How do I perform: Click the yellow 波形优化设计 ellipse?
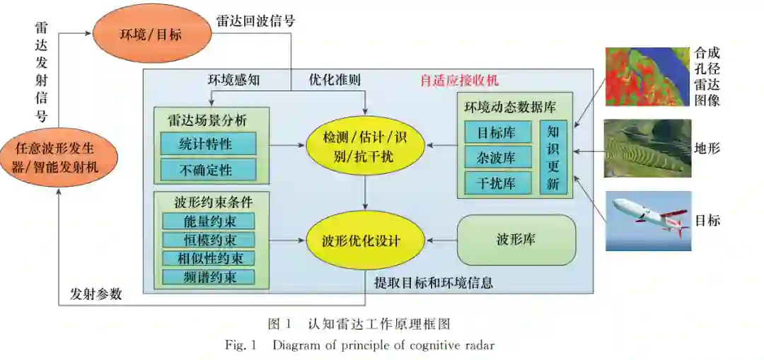click(364, 240)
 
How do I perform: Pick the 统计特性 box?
click(207, 144)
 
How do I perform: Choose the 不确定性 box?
click(207, 169)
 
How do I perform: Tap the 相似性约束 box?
click(207, 258)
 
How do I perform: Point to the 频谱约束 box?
click(207, 277)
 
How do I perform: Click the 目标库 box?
click(498, 132)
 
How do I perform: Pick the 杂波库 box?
click(498, 158)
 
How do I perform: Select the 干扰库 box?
click(498, 182)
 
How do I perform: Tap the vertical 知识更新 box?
click(553, 157)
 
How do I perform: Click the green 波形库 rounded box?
click(516, 240)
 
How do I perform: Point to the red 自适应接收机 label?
click(460, 80)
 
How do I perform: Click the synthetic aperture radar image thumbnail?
click(647, 76)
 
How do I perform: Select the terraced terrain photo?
click(647, 149)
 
